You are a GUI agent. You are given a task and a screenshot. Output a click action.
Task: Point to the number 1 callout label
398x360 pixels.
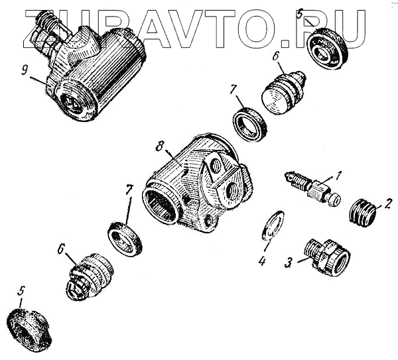[x=338, y=176]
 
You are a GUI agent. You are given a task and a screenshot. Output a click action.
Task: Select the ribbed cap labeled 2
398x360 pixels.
[x=363, y=213]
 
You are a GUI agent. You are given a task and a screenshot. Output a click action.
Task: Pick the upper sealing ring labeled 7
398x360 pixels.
[x=249, y=123]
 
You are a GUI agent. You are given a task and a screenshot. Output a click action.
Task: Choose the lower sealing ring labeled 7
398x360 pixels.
[x=125, y=239]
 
